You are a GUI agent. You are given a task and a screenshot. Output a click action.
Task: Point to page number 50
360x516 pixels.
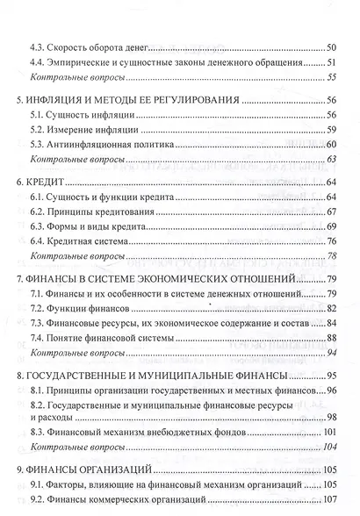[332, 46]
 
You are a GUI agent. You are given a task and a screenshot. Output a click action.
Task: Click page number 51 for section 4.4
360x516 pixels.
[332, 63]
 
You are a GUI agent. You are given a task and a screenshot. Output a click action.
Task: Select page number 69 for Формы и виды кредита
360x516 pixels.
[332, 225]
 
